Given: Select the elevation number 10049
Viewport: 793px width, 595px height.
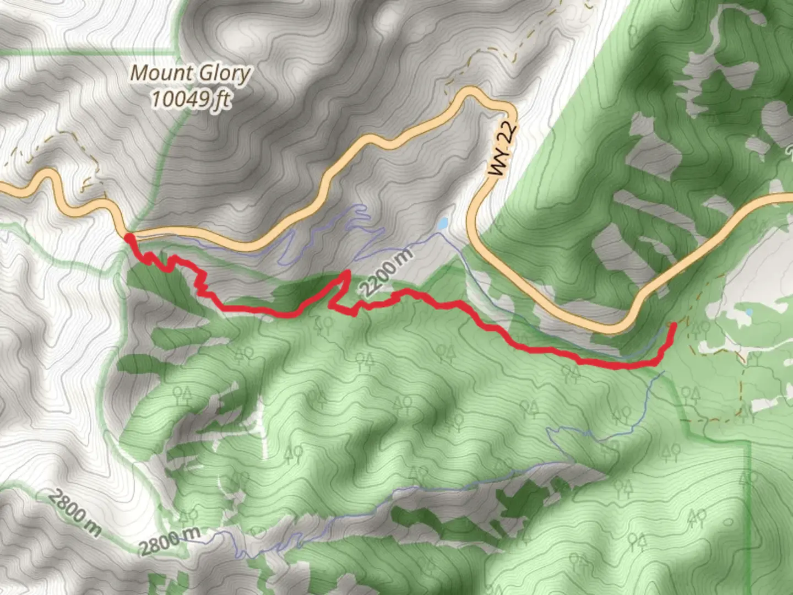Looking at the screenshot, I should point(181,99).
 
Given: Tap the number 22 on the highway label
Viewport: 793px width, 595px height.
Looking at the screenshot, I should point(510,132).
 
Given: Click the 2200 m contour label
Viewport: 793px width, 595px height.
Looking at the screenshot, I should point(385,272).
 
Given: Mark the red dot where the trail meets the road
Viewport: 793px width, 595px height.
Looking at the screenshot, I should point(128,239).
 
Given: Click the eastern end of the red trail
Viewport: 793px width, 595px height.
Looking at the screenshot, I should point(674,326).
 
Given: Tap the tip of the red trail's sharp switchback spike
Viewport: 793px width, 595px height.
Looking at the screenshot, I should point(347,272).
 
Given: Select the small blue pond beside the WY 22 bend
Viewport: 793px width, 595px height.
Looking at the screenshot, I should point(443,224).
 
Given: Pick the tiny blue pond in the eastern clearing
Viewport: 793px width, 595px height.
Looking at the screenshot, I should point(748,312).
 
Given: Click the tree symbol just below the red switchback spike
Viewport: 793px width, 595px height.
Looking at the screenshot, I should point(322,326).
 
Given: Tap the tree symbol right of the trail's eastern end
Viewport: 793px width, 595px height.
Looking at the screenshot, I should point(700,330).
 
